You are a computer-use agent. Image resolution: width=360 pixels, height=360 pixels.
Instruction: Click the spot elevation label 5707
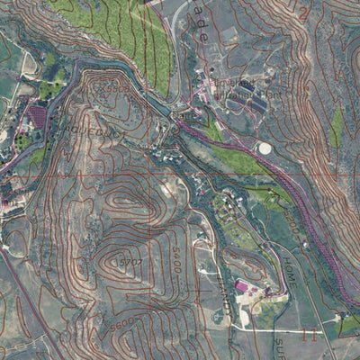point(131,260)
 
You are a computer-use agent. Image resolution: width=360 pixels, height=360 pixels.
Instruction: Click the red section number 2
point(303,13)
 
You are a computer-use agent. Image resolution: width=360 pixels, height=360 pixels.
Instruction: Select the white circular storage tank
point(265,148)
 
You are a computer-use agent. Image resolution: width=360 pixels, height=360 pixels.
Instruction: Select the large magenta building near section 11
point(241,286)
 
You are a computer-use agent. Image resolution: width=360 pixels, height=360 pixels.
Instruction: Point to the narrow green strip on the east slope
point(337,128)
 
